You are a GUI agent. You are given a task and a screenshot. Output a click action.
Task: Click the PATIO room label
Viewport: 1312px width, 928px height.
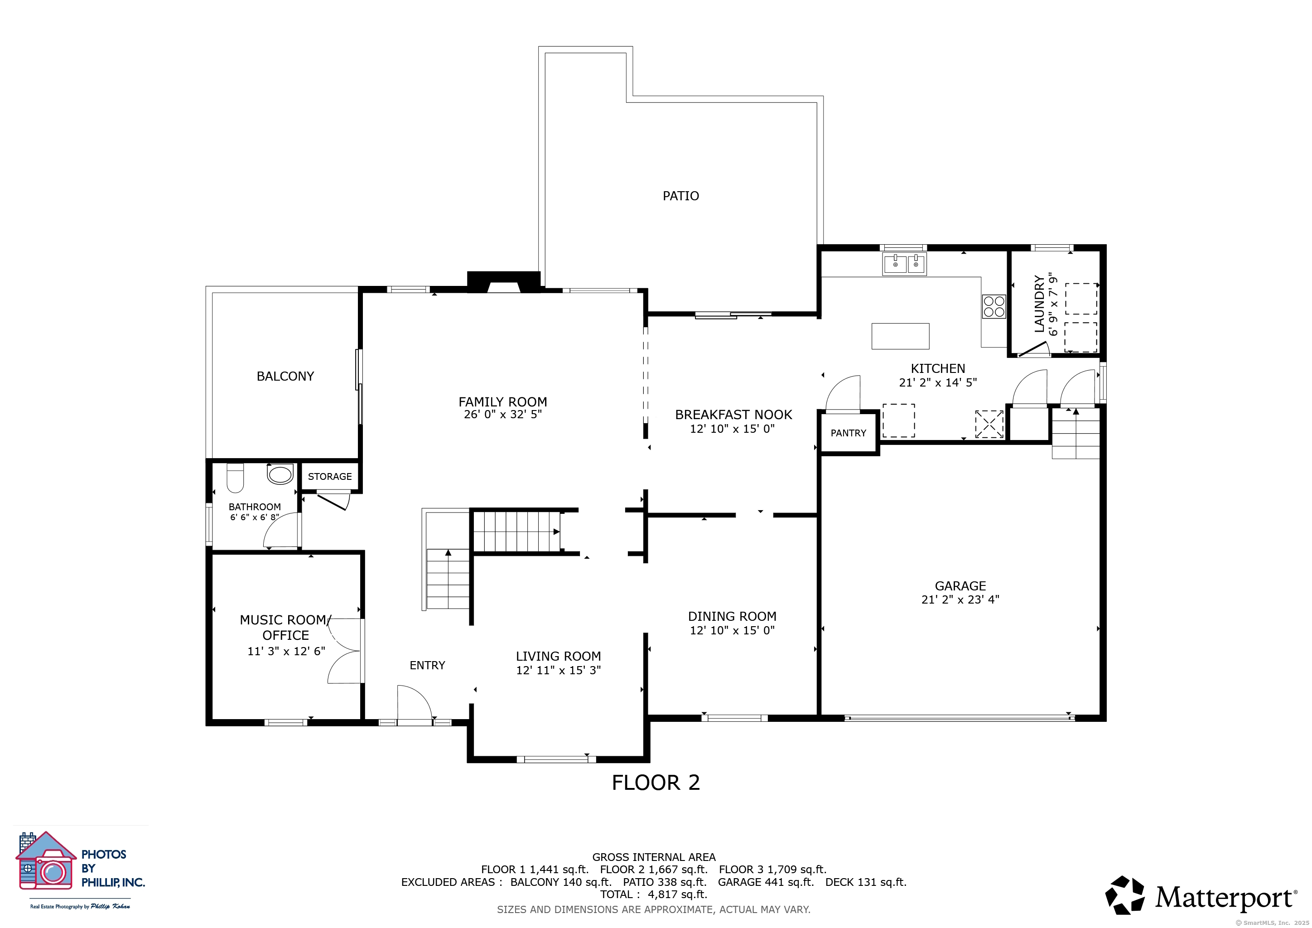tap(680, 196)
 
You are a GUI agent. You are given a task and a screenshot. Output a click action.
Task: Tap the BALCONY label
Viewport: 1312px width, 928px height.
tap(285, 376)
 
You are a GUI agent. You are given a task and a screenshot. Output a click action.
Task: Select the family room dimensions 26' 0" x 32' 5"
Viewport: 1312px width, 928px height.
tap(503, 414)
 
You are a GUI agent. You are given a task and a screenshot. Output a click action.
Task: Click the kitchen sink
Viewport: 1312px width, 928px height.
tap(905, 264)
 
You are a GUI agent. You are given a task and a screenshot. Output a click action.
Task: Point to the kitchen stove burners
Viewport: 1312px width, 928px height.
tap(994, 306)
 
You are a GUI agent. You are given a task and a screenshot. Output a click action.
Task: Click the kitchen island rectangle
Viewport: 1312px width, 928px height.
tap(900, 336)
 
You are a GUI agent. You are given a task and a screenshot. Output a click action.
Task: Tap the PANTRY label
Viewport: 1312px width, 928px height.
tap(848, 433)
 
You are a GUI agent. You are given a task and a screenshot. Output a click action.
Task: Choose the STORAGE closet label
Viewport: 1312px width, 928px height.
tap(330, 477)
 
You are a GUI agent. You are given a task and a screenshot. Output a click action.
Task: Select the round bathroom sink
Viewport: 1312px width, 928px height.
tap(280, 474)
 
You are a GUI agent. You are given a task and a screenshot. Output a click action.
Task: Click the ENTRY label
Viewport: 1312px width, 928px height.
tap(427, 665)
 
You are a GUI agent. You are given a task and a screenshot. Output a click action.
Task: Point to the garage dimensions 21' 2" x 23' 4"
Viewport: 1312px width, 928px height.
tap(960, 599)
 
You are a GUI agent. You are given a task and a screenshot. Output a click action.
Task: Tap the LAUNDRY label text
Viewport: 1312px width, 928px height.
tap(1039, 304)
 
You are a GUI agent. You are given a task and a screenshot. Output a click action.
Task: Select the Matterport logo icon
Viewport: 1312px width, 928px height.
tap(1124, 895)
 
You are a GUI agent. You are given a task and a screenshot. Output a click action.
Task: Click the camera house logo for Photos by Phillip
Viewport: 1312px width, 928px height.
tap(46, 860)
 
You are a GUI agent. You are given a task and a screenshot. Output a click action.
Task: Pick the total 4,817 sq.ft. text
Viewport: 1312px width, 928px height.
tap(654, 895)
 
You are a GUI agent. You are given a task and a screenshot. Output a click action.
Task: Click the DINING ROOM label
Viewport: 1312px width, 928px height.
tap(732, 617)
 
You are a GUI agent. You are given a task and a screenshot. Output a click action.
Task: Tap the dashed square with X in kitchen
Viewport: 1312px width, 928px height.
tap(989, 424)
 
